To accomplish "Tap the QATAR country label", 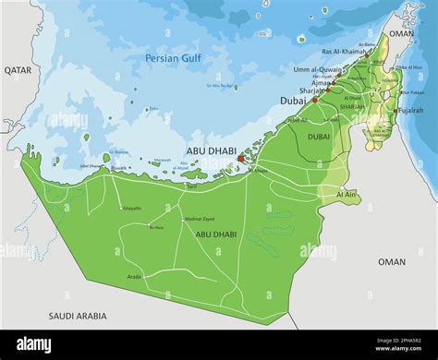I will [18, 69].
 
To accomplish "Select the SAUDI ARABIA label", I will [77, 316].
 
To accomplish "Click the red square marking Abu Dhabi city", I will [242, 158].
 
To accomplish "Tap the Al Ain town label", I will [347, 195].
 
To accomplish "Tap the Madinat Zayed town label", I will [200, 218].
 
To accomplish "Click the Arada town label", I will [135, 276].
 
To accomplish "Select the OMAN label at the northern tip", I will [402, 33].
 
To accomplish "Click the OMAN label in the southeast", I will [391, 261].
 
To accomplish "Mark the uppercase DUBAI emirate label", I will [319, 136].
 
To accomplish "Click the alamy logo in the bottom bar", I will [34, 344].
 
